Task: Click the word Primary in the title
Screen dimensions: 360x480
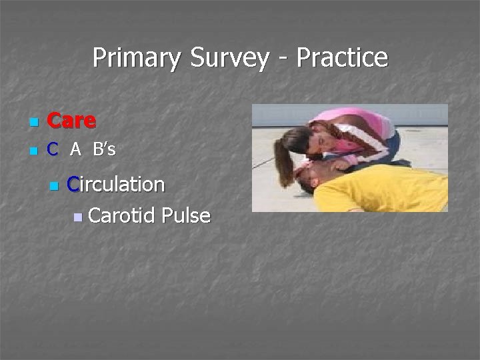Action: tap(136, 58)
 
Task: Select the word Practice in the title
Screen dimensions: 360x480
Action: tap(342, 58)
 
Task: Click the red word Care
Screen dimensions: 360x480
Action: tap(72, 121)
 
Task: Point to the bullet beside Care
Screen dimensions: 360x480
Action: tap(33, 123)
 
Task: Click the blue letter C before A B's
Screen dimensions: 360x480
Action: tap(53, 150)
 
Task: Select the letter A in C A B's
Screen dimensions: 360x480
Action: tap(76, 151)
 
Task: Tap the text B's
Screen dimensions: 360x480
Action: tap(104, 150)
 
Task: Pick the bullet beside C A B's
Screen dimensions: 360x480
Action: tap(33, 152)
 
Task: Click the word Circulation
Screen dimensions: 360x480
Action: tap(116, 184)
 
